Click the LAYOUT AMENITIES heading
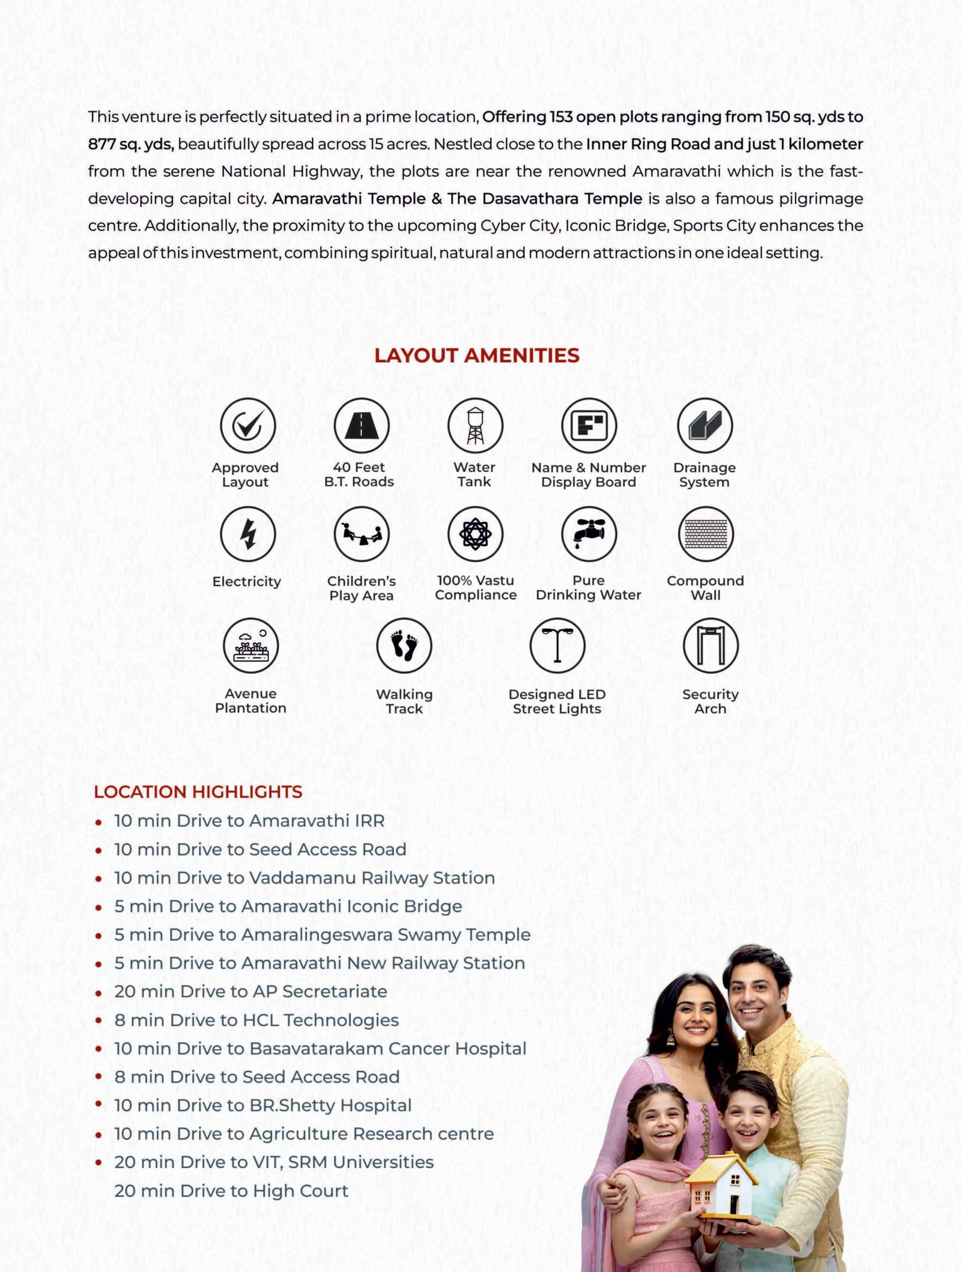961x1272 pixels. pos(476,355)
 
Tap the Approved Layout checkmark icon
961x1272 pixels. pos(247,425)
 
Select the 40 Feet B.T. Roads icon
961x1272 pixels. pos(361,425)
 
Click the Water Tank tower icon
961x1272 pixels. pos(475,425)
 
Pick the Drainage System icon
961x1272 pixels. pos(705,425)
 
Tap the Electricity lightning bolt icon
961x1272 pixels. pos(247,534)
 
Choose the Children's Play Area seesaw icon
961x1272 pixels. pos(361,534)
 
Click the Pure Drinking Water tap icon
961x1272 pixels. pos(589,534)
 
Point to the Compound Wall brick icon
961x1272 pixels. pos(706,534)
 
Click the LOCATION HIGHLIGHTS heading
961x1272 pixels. pos(198,792)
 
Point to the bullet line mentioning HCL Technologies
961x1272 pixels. pos(256,1020)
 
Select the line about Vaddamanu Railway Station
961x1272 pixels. pos(305,877)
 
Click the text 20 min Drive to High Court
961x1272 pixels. pos(231,1190)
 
